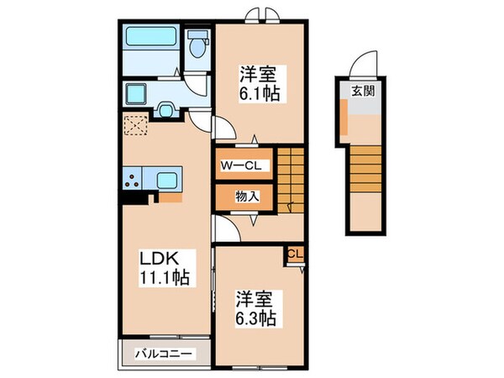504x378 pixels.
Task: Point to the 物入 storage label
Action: [246, 197]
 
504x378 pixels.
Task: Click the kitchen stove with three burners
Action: [133, 178]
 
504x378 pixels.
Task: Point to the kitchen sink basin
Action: [165, 178]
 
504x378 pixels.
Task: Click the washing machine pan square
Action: [135, 92]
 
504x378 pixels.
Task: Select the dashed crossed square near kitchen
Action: [134, 125]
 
